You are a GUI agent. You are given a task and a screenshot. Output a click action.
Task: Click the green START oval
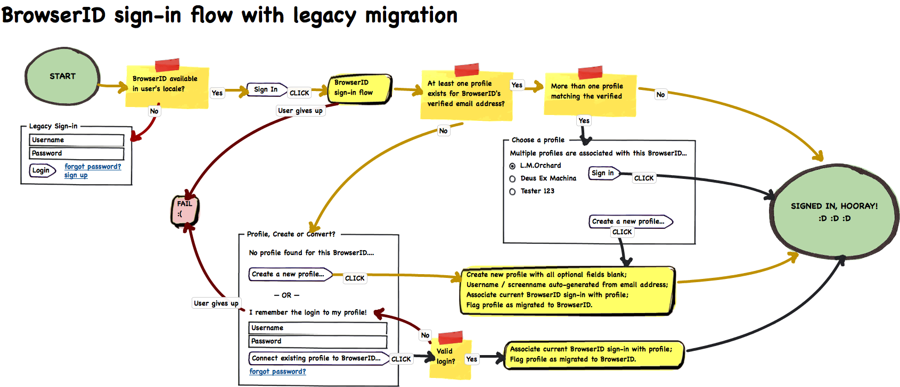click(62, 76)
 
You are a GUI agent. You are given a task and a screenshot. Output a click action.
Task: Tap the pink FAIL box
click(185, 210)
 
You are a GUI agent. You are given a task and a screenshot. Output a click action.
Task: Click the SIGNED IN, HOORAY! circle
click(834, 211)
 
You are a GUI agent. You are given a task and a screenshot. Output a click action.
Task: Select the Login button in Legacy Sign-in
click(42, 170)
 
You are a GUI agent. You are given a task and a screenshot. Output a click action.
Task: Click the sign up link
click(76, 175)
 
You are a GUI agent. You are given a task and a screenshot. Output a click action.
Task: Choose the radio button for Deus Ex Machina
click(512, 179)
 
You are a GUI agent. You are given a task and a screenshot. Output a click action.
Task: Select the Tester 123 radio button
click(512, 192)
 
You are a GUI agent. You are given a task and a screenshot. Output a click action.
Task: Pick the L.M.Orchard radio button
click(512, 166)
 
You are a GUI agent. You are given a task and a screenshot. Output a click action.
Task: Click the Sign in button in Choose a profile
click(604, 173)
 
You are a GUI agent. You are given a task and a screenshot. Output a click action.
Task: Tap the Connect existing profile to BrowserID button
click(318, 358)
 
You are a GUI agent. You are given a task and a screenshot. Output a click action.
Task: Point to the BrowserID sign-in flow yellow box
click(360, 89)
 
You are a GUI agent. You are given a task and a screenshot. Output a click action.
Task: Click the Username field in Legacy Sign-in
click(76, 140)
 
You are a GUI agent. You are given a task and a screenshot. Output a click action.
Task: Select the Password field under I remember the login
click(318, 341)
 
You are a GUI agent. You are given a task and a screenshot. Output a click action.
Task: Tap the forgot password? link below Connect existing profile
click(277, 372)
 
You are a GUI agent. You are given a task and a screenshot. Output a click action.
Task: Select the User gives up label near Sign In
click(300, 111)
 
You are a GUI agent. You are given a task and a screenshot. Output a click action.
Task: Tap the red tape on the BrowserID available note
click(167, 64)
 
